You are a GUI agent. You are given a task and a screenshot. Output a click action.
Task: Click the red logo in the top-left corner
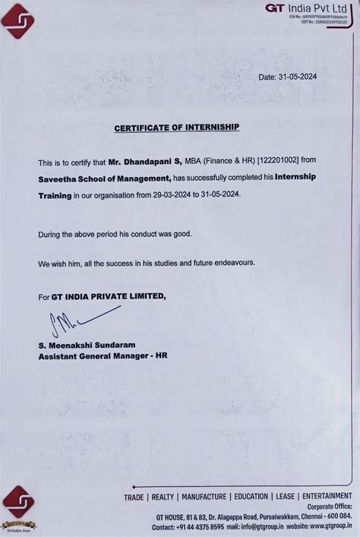(18, 20)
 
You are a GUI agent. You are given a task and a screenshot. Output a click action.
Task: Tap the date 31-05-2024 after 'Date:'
(304, 77)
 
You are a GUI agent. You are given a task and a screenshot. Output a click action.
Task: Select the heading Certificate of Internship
(176, 128)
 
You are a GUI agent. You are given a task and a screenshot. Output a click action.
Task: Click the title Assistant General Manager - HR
(103, 355)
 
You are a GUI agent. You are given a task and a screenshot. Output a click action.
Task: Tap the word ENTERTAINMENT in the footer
(326, 497)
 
